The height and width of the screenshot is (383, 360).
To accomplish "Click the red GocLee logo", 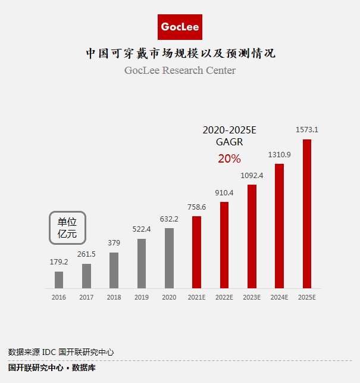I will [180, 27].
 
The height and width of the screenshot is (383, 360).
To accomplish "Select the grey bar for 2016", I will [59, 280].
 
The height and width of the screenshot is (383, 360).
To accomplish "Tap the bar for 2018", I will [114, 270].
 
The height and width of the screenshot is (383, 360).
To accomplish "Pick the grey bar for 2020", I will [169, 258].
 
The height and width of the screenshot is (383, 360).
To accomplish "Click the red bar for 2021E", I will [196, 252].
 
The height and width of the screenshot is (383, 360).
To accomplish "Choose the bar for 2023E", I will [252, 236].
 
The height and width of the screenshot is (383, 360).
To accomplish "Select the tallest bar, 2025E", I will [307, 214].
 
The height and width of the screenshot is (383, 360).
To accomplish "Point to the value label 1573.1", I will [307, 129].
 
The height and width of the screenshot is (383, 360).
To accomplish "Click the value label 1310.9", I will [279, 154].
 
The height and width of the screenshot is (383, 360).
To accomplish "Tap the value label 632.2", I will [169, 219].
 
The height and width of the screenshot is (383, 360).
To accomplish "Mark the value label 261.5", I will [86, 254].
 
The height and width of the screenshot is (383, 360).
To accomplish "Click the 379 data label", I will [114, 242].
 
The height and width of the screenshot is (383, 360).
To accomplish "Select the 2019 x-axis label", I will [142, 297].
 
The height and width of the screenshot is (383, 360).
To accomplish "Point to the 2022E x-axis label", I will [224, 297].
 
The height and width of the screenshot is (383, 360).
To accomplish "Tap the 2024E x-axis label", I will [279, 297].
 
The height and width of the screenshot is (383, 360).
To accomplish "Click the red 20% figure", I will [229, 158].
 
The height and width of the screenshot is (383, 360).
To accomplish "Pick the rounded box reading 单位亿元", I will [67, 228].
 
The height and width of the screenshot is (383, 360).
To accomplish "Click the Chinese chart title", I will [180, 54].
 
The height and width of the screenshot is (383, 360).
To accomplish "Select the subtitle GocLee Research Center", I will [180, 70].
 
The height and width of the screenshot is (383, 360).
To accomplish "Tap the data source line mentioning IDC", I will [61, 352].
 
